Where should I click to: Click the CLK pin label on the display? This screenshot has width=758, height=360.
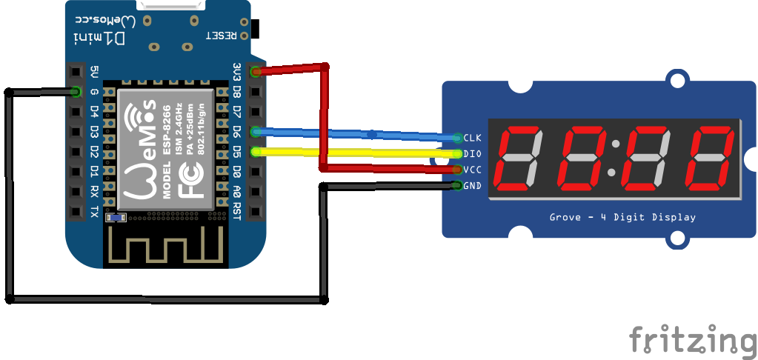point(472,138)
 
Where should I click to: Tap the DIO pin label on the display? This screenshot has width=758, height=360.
point(472,154)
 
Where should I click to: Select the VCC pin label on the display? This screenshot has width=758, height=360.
point(472,170)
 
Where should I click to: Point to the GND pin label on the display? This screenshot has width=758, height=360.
point(472,185)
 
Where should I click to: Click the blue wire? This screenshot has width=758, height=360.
point(356,134)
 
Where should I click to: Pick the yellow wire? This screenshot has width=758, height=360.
point(356,153)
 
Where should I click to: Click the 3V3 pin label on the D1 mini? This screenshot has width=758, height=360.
point(236,72)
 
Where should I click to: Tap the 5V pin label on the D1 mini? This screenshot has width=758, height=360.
point(94,72)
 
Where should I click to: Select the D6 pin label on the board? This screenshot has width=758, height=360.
point(236,132)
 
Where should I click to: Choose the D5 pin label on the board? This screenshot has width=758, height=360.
point(236,152)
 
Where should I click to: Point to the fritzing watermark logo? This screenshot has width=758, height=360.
point(692,340)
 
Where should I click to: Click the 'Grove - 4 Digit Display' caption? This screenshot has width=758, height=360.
point(622,217)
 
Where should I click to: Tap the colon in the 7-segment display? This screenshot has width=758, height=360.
point(612,157)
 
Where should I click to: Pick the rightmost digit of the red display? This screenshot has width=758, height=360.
point(709,157)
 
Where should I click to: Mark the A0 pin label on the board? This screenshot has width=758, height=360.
point(236,192)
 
